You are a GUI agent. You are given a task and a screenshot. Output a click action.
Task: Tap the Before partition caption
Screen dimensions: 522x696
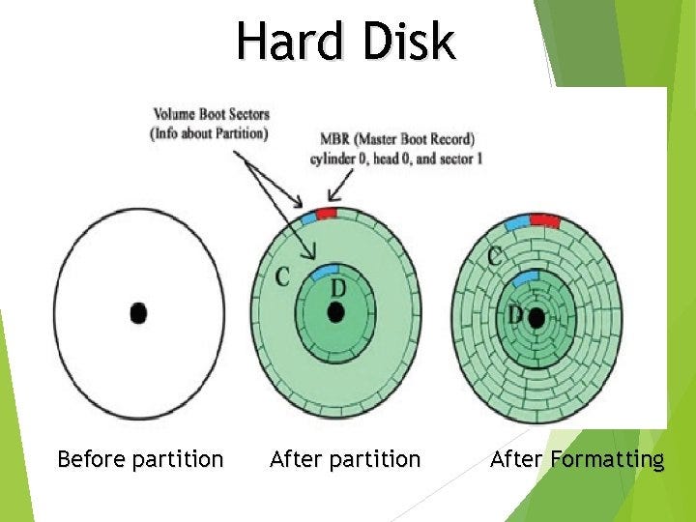[x=140, y=458]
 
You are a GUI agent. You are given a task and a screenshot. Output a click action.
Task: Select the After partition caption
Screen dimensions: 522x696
[x=345, y=458]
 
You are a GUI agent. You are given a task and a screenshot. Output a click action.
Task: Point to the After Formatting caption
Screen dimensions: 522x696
[x=577, y=458]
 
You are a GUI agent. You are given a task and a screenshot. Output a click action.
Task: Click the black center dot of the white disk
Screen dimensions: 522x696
[x=138, y=312]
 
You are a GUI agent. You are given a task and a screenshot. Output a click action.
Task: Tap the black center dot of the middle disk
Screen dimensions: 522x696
[x=335, y=312]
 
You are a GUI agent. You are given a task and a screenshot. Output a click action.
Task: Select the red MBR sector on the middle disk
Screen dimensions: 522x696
[x=326, y=213]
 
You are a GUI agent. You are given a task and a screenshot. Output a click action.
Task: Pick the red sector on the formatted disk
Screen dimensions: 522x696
[x=544, y=220]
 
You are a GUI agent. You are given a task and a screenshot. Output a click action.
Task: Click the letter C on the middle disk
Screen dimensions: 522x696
[x=282, y=277]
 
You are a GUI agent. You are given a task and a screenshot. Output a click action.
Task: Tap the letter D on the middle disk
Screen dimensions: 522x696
[x=338, y=289]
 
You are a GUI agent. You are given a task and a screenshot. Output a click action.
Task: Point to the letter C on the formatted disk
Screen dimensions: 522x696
[x=494, y=257]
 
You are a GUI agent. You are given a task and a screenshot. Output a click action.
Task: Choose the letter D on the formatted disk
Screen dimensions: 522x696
[x=516, y=315]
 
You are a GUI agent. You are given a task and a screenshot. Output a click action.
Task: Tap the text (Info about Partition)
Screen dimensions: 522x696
[x=209, y=133]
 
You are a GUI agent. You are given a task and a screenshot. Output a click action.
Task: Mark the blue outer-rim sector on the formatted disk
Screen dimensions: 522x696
[x=515, y=224]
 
